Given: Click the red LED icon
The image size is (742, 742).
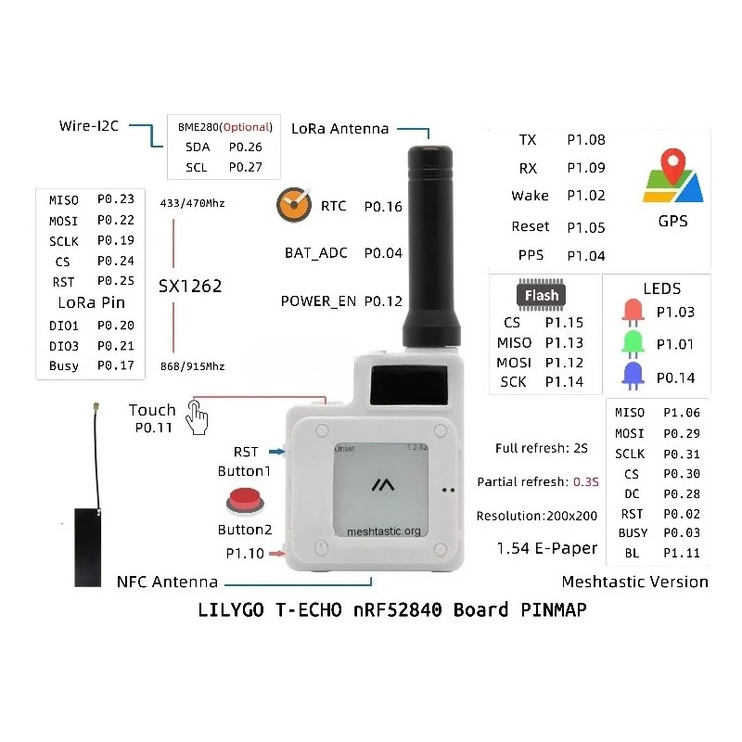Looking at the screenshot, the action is [633, 313].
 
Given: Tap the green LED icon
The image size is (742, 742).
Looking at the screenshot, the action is [633, 344].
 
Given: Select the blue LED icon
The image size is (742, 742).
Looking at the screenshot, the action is [633, 376].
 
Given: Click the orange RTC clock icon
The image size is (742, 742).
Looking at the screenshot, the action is [294, 204].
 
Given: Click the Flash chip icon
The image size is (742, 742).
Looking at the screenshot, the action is [541, 295].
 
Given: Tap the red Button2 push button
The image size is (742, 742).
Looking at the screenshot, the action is [245, 502].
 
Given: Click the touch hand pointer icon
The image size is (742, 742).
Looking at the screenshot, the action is [197, 416].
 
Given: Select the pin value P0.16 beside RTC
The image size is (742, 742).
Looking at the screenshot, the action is [383, 207].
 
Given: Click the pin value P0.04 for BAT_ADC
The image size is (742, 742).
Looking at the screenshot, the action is [383, 253].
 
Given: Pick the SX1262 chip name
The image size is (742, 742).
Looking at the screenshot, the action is [190, 287].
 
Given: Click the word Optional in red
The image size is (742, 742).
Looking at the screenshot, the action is [247, 127].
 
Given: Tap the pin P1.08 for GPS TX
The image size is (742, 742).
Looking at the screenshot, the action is [586, 140].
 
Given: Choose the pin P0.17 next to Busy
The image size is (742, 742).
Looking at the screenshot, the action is [115, 365].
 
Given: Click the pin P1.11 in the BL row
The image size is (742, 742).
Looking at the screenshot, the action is [682, 553].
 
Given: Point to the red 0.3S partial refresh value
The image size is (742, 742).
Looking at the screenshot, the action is [586, 481].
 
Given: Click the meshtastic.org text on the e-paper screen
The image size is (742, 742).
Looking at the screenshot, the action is [384, 531].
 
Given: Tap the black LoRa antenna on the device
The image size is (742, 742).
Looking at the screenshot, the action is [431, 246].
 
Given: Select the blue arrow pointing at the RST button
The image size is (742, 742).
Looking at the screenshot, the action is [276, 452].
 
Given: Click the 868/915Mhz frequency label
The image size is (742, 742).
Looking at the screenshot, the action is [193, 366].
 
